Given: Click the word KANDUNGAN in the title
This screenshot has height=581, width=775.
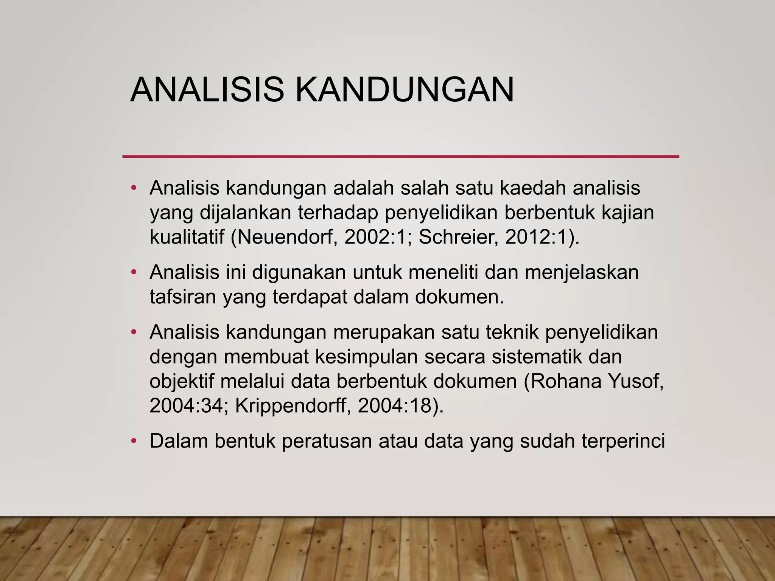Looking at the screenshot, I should click(405, 90).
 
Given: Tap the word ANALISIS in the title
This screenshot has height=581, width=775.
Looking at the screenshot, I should click(207, 90).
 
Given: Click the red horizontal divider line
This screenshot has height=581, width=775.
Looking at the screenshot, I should click(400, 156).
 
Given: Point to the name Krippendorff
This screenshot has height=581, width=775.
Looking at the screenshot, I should click(290, 406).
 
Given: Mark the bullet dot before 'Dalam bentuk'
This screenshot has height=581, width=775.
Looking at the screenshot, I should click(133, 441).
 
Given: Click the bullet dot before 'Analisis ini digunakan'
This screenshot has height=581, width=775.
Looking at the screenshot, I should click(133, 272).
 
